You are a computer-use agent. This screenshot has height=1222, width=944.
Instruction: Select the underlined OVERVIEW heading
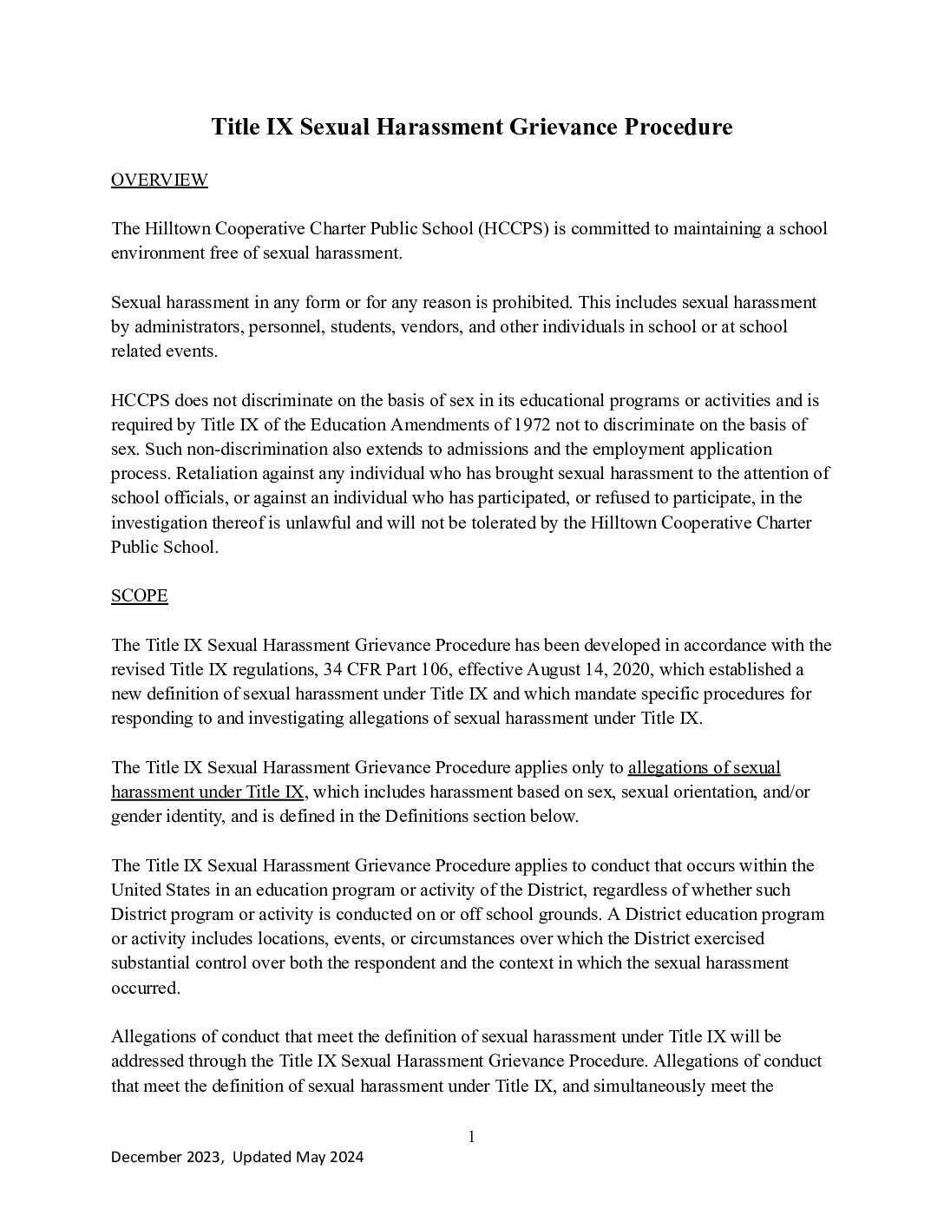[x=160, y=180]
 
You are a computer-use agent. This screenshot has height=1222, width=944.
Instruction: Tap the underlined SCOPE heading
[x=139, y=595]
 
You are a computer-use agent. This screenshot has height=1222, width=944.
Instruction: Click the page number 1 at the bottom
[x=472, y=1137]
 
